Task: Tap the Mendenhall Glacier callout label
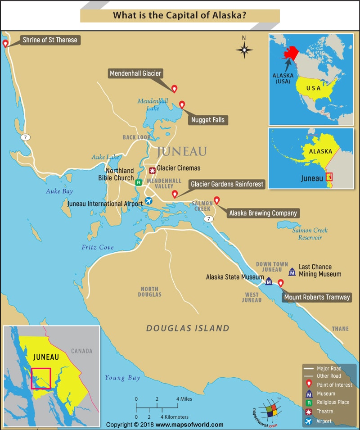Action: pyautogui.click(x=135, y=73)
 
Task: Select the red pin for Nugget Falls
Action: pyautogui.click(x=182, y=104)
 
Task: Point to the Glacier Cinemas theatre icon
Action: pyautogui.click(x=152, y=170)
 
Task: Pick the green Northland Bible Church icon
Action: pyautogui.click(x=139, y=182)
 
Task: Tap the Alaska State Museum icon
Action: pyautogui.click(x=269, y=282)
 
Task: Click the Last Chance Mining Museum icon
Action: pyautogui.click(x=292, y=271)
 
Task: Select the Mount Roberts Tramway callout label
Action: pyautogui.click(x=317, y=297)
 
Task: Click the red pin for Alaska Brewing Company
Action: pyautogui.click(x=216, y=200)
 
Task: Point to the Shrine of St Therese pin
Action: pyautogui.click(x=5, y=43)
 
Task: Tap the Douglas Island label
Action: pyautogui.click(x=188, y=328)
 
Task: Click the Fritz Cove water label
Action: pyautogui.click(x=98, y=247)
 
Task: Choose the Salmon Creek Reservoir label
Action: pyautogui.click(x=310, y=234)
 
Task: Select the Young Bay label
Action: pyautogui.click(x=122, y=378)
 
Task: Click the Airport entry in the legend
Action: pyautogui.click(x=324, y=421)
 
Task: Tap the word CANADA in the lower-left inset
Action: pyautogui.click(x=81, y=351)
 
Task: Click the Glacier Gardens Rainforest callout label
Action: pyautogui.click(x=227, y=184)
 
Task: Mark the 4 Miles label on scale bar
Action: pyautogui.click(x=184, y=399)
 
